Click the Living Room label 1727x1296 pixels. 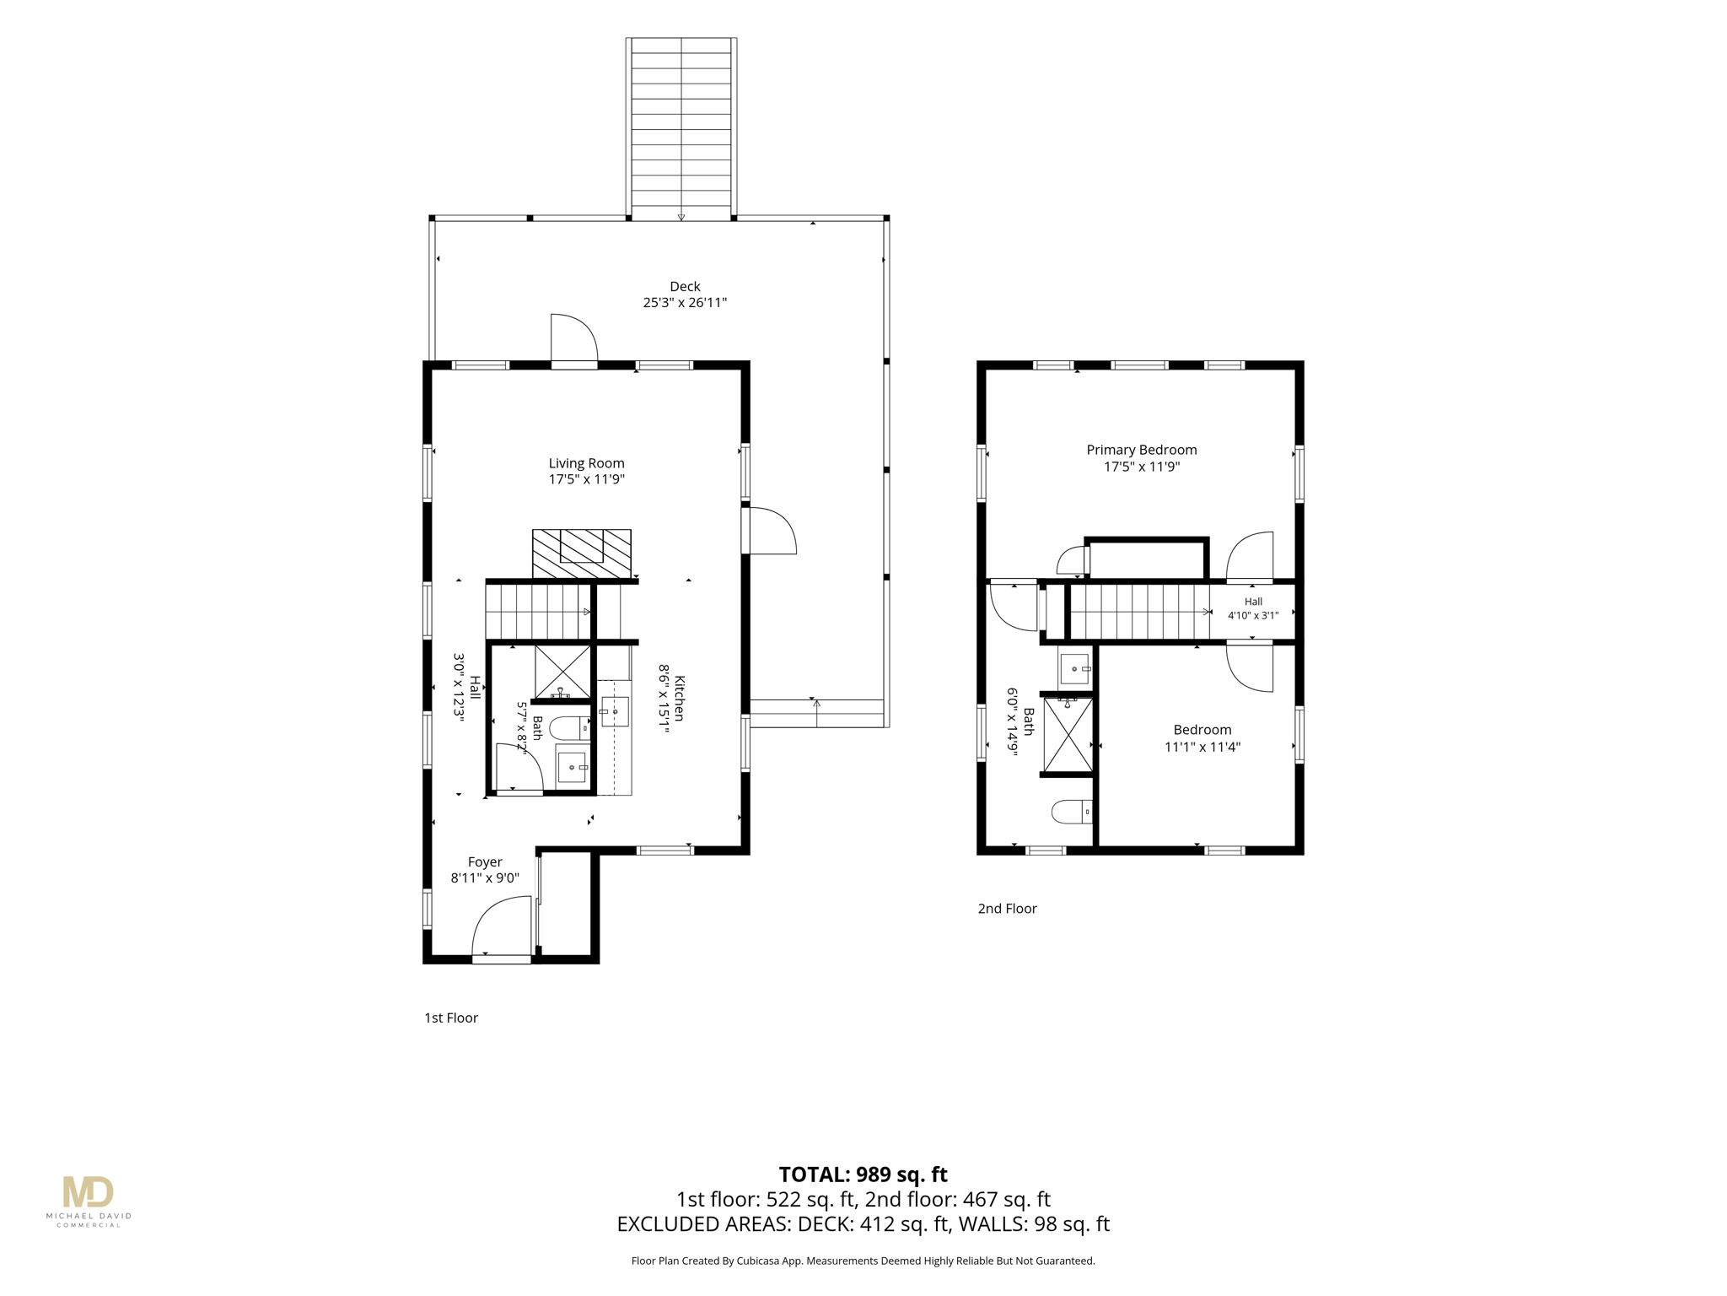tap(586, 463)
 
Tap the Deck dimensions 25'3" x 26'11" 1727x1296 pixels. tap(685, 303)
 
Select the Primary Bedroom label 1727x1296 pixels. tap(1141, 450)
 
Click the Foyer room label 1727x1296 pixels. tap(485, 862)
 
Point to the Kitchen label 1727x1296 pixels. tap(679, 699)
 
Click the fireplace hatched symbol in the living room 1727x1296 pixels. tap(582, 553)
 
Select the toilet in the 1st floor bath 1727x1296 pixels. tap(570, 727)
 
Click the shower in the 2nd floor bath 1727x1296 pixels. tap(1068, 734)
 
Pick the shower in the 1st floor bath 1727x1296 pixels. tap(562, 672)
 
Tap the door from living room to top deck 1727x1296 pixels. tap(574, 339)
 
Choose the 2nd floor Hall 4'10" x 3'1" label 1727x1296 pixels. tap(1253, 608)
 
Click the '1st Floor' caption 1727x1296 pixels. tap(451, 1018)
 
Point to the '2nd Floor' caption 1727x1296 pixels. tap(1007, 909)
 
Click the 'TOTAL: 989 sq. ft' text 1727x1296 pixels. tap(863, 1174)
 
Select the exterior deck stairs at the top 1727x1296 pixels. tap(681, 129)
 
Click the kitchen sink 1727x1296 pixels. tap(615, 711)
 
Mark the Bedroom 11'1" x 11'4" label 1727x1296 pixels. tap(1202, 738)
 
